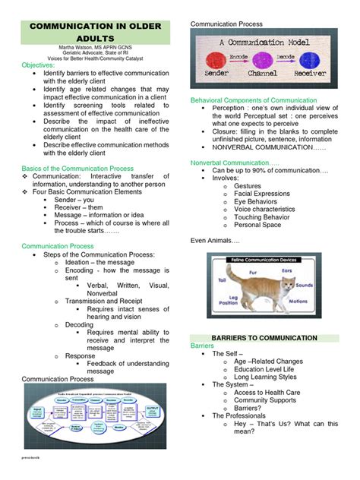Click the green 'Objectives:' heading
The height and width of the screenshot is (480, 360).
pos(43,66)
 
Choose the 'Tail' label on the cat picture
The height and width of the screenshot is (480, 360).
pos(223,280)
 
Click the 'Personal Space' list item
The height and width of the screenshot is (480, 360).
pos(257,225)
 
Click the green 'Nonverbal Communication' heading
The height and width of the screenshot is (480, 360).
pos(235,163)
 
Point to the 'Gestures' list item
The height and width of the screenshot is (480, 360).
pos(248,185)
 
